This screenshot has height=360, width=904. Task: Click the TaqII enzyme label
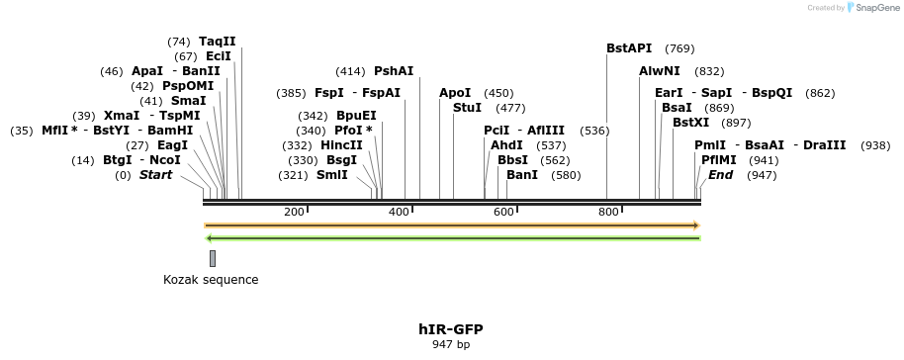coord(218,42)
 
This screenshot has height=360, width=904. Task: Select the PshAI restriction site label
coord(394,71)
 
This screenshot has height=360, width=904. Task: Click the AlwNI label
coord(660,71)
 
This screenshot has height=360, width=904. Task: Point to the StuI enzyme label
coord(467,107)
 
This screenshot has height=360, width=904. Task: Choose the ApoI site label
coord(455,93)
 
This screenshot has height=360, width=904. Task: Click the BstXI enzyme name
coord(690,123)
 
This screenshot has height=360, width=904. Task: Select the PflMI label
coord(719,160)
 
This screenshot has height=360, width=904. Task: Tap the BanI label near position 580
coord(522,175)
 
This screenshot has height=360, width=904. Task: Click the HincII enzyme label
coord(342,145)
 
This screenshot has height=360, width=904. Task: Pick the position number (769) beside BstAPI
coord(679,48)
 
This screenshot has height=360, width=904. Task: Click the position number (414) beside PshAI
coord(350,71)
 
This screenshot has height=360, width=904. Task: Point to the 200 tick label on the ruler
coord(294,212)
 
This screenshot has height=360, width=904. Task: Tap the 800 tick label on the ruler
coord(608,212)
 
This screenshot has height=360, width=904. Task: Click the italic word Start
coord(155,175)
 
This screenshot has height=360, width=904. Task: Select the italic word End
coord(720,175)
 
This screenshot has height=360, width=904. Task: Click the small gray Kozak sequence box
coord(213,258)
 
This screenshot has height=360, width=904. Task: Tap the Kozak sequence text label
coord(211,280)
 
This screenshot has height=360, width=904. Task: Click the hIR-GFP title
coord(451,328)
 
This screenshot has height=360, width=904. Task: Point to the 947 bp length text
coord(451,344)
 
